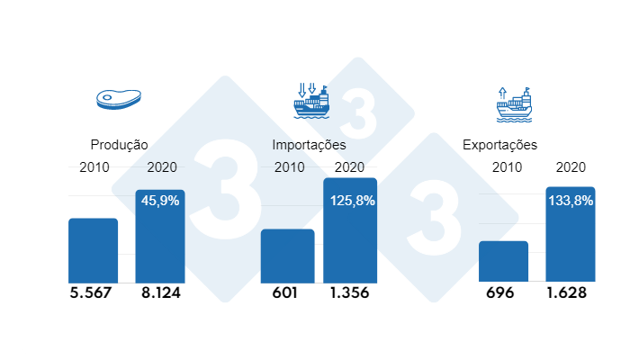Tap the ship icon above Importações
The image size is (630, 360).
coord(311,102)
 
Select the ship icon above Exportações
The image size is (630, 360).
coord(514,104)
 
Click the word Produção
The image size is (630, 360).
coord(119,144)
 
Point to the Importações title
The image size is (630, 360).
coord(309,144)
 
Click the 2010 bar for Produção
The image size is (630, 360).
coord(94,250)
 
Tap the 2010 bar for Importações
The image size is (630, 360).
coord(288,256)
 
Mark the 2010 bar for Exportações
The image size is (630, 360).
coord(503,261)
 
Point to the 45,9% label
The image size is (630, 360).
coord(160,201)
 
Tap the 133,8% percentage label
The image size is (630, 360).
coord(571,201)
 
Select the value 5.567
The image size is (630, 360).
coord(93,293)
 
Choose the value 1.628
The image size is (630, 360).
coord(571,293)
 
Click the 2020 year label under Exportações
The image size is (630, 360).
coord(571,166)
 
